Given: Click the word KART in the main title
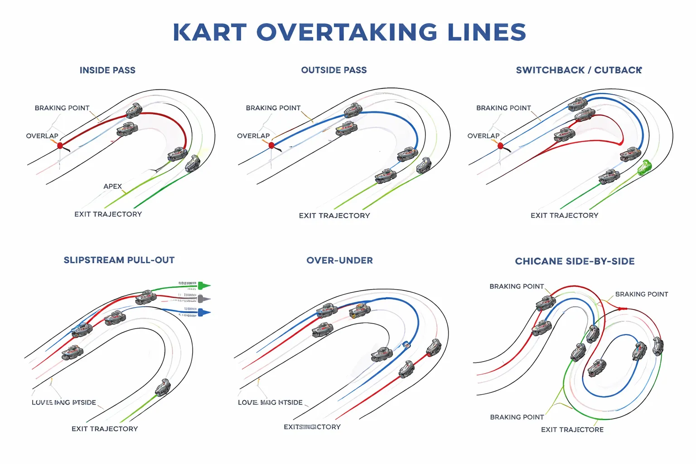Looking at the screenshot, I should [209, 32].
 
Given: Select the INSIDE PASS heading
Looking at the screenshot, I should [107, 70].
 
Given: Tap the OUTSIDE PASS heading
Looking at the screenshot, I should [334, 70].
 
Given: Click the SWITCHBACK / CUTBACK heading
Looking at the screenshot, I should [579, 70].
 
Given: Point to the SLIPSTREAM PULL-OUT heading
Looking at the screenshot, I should [119, 260].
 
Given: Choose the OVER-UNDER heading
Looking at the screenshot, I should [339, 261].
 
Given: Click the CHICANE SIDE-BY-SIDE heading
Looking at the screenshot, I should [575, 261].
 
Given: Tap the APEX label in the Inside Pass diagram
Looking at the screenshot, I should [112, 186].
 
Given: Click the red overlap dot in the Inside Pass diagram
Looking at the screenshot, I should [60, 145].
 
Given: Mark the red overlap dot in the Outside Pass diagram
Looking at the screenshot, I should [271, 145].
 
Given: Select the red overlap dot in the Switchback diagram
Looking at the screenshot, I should [500, 145].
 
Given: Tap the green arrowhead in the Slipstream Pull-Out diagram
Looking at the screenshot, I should [204, 285].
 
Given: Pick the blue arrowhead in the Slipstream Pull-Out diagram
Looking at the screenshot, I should [204, 312].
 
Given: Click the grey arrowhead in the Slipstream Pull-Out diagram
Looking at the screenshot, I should [204, 299].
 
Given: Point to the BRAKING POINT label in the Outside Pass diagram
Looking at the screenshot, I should [273, 108].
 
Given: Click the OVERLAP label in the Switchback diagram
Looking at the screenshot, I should [483, 136].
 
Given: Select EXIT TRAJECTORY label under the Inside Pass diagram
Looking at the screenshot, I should [108, 214].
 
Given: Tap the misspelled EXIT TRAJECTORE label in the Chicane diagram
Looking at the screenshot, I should [572, 430].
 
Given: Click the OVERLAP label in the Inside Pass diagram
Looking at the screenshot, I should [42, 136].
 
